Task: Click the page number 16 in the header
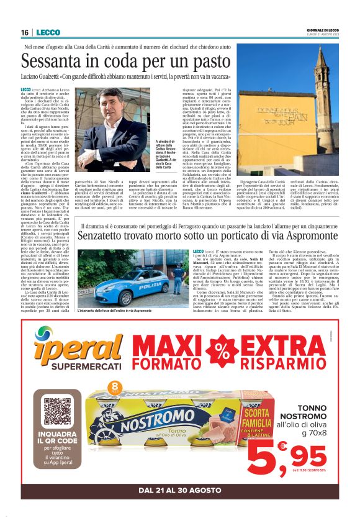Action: point(25,32)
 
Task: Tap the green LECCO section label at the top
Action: point(48,32)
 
